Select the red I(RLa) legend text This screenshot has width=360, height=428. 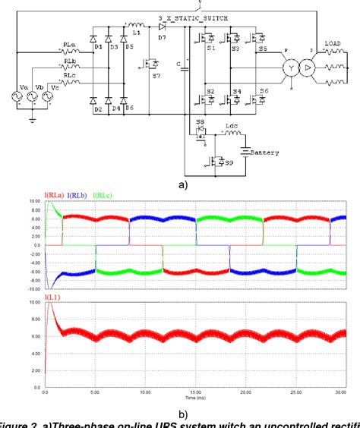(56, 197)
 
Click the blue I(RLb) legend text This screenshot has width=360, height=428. (78, 197)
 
